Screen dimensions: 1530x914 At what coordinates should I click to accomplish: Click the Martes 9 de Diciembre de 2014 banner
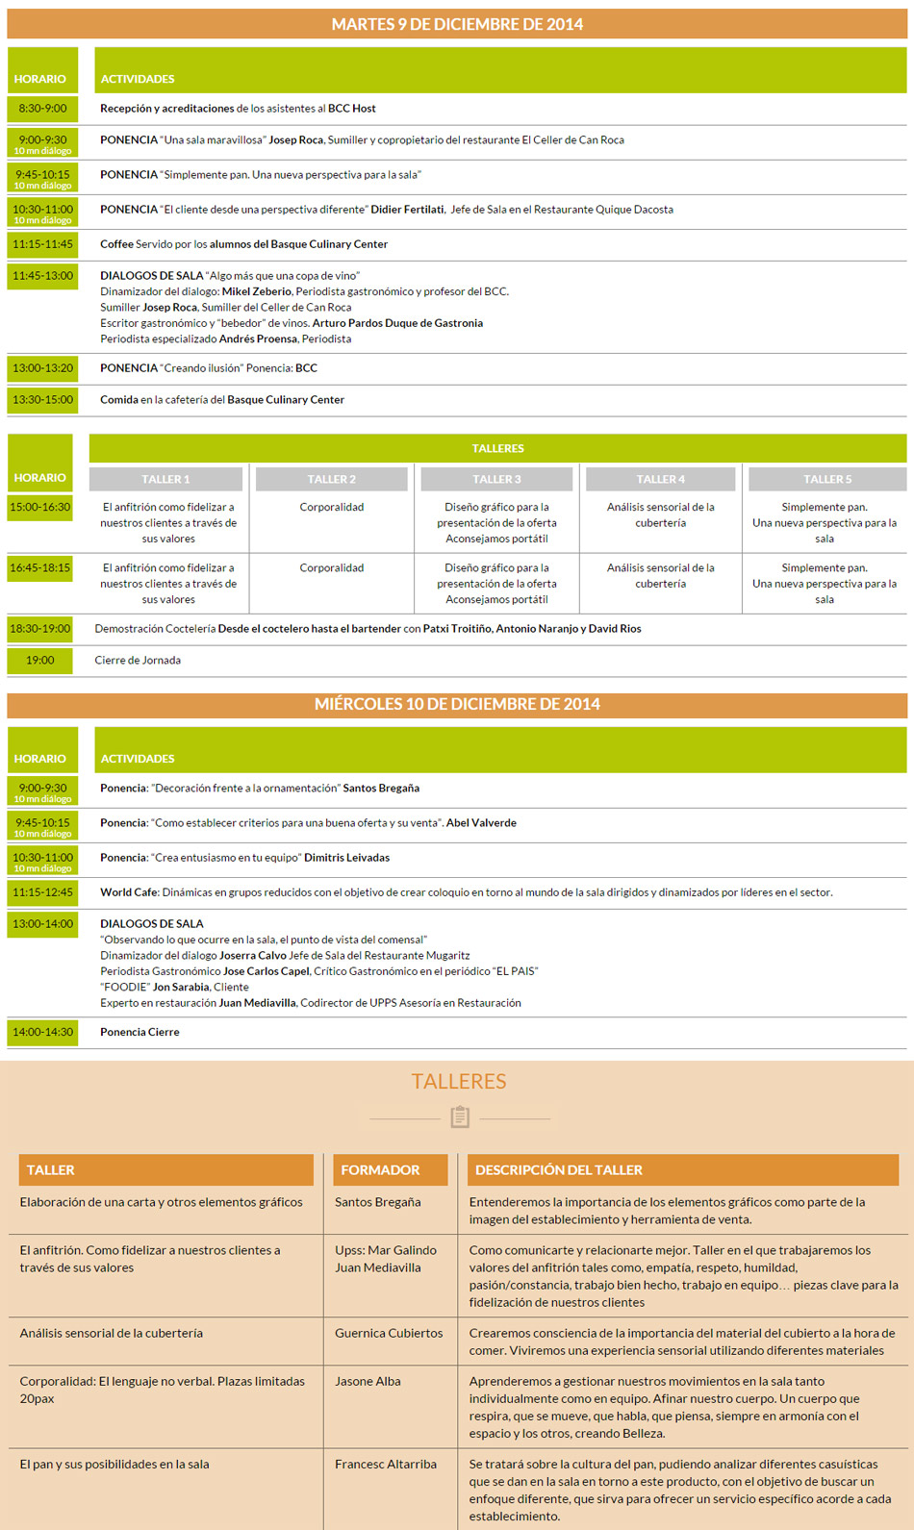(x=457, y=24)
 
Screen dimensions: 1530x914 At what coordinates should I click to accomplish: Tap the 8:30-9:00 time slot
(x=42, y=109)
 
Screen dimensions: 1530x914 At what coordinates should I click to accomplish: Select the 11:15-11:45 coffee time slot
(x=42, y=244)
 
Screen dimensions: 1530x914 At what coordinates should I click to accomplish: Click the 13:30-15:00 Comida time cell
(x=42, y=400)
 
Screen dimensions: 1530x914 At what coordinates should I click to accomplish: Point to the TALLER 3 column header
(x=496, y=479)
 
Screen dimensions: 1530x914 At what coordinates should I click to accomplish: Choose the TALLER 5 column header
(x=826, y=479)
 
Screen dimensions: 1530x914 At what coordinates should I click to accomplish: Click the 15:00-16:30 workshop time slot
(x=39, y=507)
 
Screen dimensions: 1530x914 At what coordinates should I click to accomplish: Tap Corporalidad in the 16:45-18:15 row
(x=332, y=568)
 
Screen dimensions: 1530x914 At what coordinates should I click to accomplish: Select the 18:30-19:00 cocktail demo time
(x=39, y=629)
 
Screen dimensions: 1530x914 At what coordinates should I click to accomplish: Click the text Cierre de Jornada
(x=138, y=661)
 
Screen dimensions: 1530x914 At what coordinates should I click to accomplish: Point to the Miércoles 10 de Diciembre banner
(x=457, y=704)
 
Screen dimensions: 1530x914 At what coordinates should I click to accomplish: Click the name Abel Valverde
(x=481, y=823)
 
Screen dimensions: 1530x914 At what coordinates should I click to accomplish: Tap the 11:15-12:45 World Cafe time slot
(x=42, y=892)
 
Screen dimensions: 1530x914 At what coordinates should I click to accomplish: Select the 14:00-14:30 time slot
(x=42, y=1032)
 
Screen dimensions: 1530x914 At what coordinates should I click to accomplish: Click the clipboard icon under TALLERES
(x=459, y=1117)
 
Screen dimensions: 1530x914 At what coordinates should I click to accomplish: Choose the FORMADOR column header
(x=381, y=1170)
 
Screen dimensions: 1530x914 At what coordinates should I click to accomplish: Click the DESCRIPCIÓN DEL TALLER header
(x=559, y=1170)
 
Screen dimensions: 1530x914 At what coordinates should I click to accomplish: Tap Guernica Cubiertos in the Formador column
(x=389, y=1334)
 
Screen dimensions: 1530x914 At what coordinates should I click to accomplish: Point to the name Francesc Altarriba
(x=386, y=1465)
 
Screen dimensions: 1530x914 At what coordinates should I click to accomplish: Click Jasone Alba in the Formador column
(x=368, y=1382)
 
